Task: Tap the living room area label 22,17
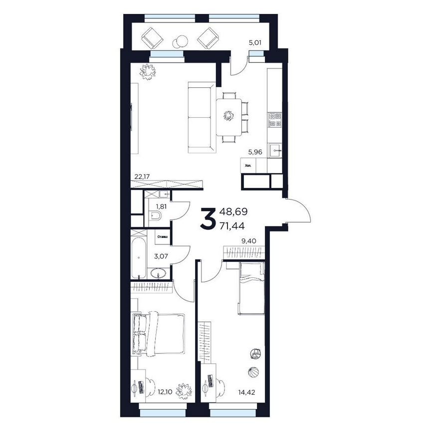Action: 142,176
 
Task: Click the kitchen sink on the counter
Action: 275,150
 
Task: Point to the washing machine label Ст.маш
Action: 162,237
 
